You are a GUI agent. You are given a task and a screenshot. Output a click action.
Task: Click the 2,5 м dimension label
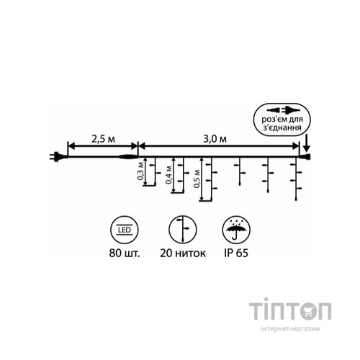coord(103,139)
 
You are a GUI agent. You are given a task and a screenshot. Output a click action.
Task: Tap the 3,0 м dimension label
coord(215,139)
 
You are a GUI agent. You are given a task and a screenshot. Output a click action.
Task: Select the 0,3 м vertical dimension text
coord(140,171)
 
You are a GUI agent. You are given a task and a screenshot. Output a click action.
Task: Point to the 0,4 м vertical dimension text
coord(168,175)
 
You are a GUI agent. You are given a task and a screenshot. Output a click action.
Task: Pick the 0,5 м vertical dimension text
coord(197,179)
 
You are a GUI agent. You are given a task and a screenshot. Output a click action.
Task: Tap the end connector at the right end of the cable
coord(305,157)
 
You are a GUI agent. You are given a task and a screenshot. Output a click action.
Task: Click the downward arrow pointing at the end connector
coord(307,143)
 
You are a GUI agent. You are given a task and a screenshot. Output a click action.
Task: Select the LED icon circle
coord(125,230)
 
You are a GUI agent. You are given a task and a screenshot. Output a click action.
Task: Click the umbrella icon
coord(236,230)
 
